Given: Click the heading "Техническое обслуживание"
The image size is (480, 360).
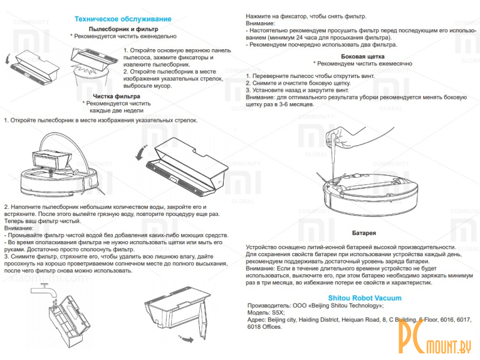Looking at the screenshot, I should pos(122,19).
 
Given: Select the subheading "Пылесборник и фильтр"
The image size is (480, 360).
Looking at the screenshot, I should pos(123,29).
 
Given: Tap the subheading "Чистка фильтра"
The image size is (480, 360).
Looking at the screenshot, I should pos(117,96).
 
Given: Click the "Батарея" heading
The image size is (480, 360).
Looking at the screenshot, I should pos(364,232).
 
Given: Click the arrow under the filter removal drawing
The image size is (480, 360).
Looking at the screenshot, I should pos(188,339).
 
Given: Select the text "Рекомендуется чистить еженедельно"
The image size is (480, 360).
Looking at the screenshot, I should pos(124,36).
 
